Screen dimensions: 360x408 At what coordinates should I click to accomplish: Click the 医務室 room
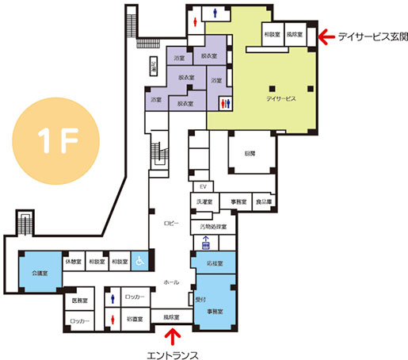[80, 301]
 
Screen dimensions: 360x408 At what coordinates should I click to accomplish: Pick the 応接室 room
[214, 262]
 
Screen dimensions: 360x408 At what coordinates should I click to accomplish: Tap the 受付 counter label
[200, 301]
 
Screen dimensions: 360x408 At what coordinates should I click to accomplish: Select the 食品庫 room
[264, 202]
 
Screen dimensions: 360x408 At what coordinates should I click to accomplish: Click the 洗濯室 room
[203, 202]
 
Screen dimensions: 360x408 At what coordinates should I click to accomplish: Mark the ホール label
[170, 282]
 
